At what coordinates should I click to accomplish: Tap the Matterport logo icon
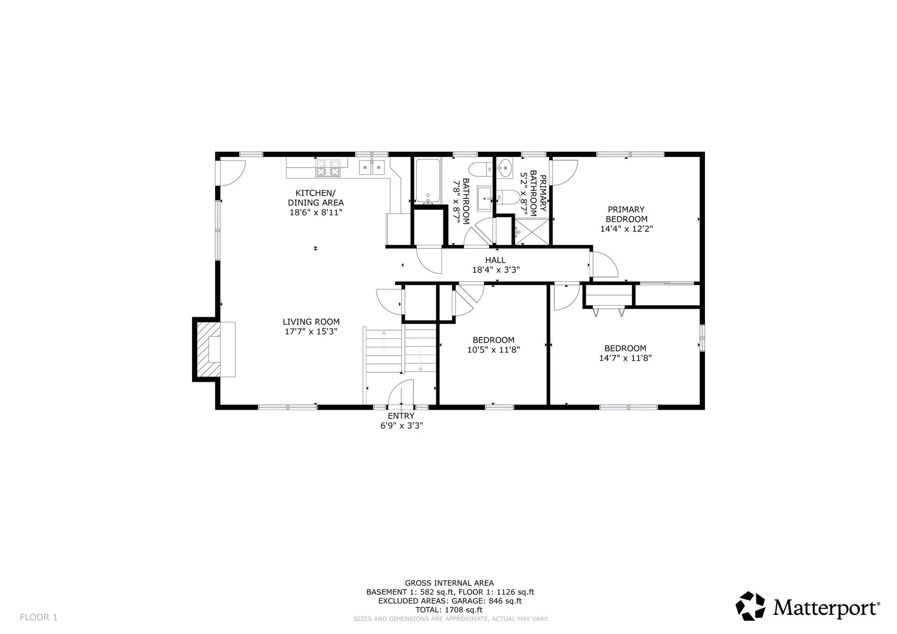pyautogui.click(x=750, y=606)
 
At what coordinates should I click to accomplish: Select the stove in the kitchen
pyautogui.click(x=328, y=168)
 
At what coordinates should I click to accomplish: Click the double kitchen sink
pyautogui.click(x=372, y=167)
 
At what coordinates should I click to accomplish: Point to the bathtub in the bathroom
pyautogui.click(x=428, y=181)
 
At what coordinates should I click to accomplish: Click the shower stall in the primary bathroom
pyautogui.click(x=531, y=230)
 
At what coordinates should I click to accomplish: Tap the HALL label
pyautogui.click(x=495, y=260)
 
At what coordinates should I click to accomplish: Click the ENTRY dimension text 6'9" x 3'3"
pyautogui.click(x=401, y=426)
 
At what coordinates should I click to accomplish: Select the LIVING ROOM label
pyautogui.click(x=311, y=322)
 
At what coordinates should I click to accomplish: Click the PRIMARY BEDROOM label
pyautogui.click(x=626, y=214)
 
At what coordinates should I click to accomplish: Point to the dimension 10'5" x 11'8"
pyautogui.click(x=493, y=349)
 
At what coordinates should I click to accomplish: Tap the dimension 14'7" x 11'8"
pyautogui.click(x=625, y=358)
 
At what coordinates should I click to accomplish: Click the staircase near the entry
pyautogui.click(x=400, y=350)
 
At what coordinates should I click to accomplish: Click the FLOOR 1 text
pyautogui.click(x=39, y=617)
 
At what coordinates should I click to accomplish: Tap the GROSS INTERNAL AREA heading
pyautogui.click(x=449, y=583)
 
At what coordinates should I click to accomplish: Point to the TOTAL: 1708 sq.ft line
pyautogui.click(x=449, y=610)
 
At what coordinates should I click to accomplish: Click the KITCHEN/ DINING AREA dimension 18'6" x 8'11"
pyautogui.click(x=316, y=213)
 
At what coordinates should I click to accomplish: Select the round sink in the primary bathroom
pyautogui.click(x=505, y=168)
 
